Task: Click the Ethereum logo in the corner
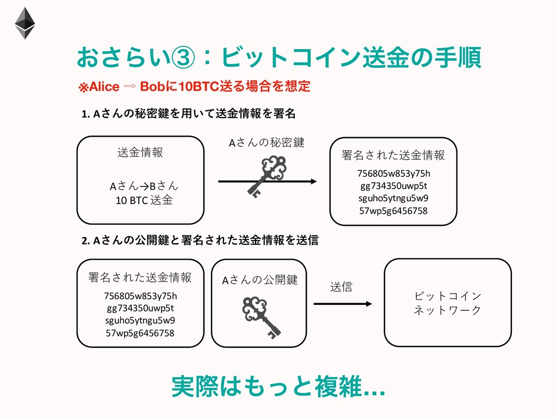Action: (24, 23)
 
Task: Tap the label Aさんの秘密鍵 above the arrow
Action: (266, 143)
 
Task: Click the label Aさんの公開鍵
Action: (260, 280)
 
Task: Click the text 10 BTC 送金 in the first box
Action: (144, 200)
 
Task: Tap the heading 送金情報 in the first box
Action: (140, 152)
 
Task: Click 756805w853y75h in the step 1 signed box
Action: (393, 174)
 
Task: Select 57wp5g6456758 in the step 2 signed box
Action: (140, 333)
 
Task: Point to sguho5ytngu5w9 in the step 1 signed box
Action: (393, 198)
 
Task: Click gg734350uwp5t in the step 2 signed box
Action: (140, 308)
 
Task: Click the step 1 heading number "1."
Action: (85, 114)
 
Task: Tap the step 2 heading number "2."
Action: (85, 240)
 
